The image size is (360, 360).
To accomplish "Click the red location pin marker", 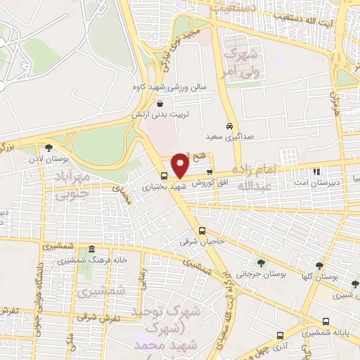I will point(180,164).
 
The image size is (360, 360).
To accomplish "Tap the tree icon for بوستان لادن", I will point(48,148).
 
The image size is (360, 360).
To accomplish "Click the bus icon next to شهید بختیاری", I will point(164,176).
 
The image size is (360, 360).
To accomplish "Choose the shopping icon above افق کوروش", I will point(210,172).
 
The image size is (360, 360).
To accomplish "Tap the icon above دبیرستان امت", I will point(316,171).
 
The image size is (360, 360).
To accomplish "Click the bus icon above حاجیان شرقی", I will point(202,231).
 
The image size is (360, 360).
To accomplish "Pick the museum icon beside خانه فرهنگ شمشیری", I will point(90,250).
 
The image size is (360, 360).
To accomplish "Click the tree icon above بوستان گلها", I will point(319,265).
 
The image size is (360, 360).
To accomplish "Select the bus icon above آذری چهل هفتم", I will point(280,335).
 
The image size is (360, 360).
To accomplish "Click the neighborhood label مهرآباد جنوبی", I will point(67,184).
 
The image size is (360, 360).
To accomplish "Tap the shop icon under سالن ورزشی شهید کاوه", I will point(160,103).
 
